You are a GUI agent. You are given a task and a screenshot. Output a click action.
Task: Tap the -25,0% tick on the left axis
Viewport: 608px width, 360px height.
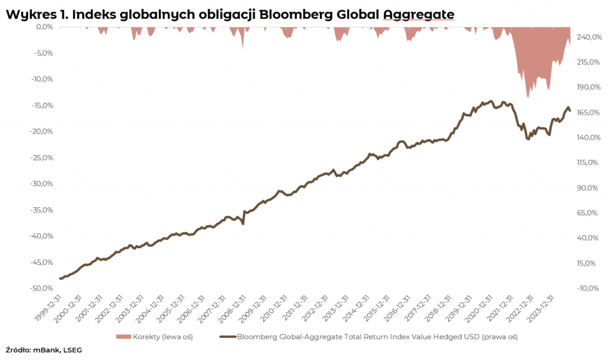point(42,157)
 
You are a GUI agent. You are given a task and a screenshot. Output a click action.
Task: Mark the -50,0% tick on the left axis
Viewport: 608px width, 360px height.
point(42,288)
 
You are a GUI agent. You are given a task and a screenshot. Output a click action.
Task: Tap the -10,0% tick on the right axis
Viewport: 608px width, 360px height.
point(587,288)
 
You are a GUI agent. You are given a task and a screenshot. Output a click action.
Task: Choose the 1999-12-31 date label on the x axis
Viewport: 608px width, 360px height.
point(48,308)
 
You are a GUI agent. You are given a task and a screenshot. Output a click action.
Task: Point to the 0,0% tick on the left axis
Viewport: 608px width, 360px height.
point(45,27)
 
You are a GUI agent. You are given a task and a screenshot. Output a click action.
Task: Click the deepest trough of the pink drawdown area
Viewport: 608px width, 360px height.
point(528,97)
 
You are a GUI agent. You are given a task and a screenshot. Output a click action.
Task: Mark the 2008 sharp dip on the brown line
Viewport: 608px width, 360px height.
point(243,223)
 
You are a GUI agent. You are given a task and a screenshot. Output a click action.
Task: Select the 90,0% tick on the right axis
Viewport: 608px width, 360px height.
point(587,188)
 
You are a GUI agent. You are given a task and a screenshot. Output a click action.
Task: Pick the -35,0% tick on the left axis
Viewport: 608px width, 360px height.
point(42,210)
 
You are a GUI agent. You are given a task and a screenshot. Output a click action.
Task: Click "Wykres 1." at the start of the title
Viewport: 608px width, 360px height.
point(36,14)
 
